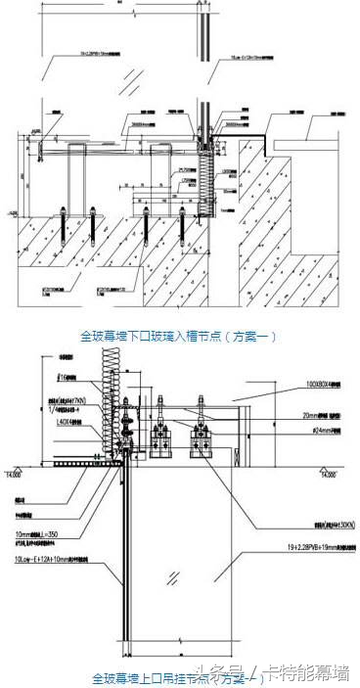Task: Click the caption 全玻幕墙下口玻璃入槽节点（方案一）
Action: pos(180,336)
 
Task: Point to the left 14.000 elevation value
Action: pos(13,473)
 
